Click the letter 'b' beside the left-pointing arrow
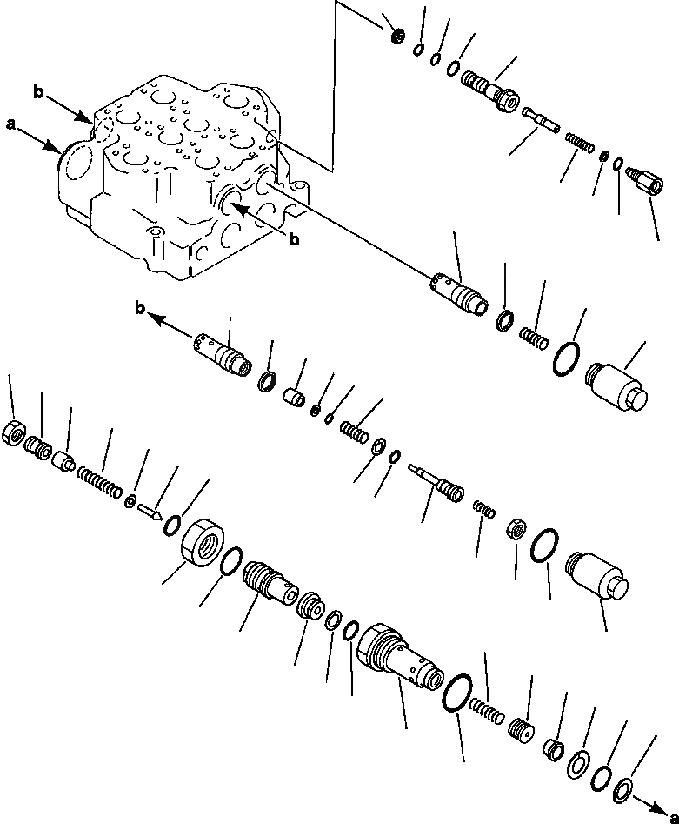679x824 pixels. pos(141,307)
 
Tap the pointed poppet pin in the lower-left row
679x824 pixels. pos(148,512)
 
